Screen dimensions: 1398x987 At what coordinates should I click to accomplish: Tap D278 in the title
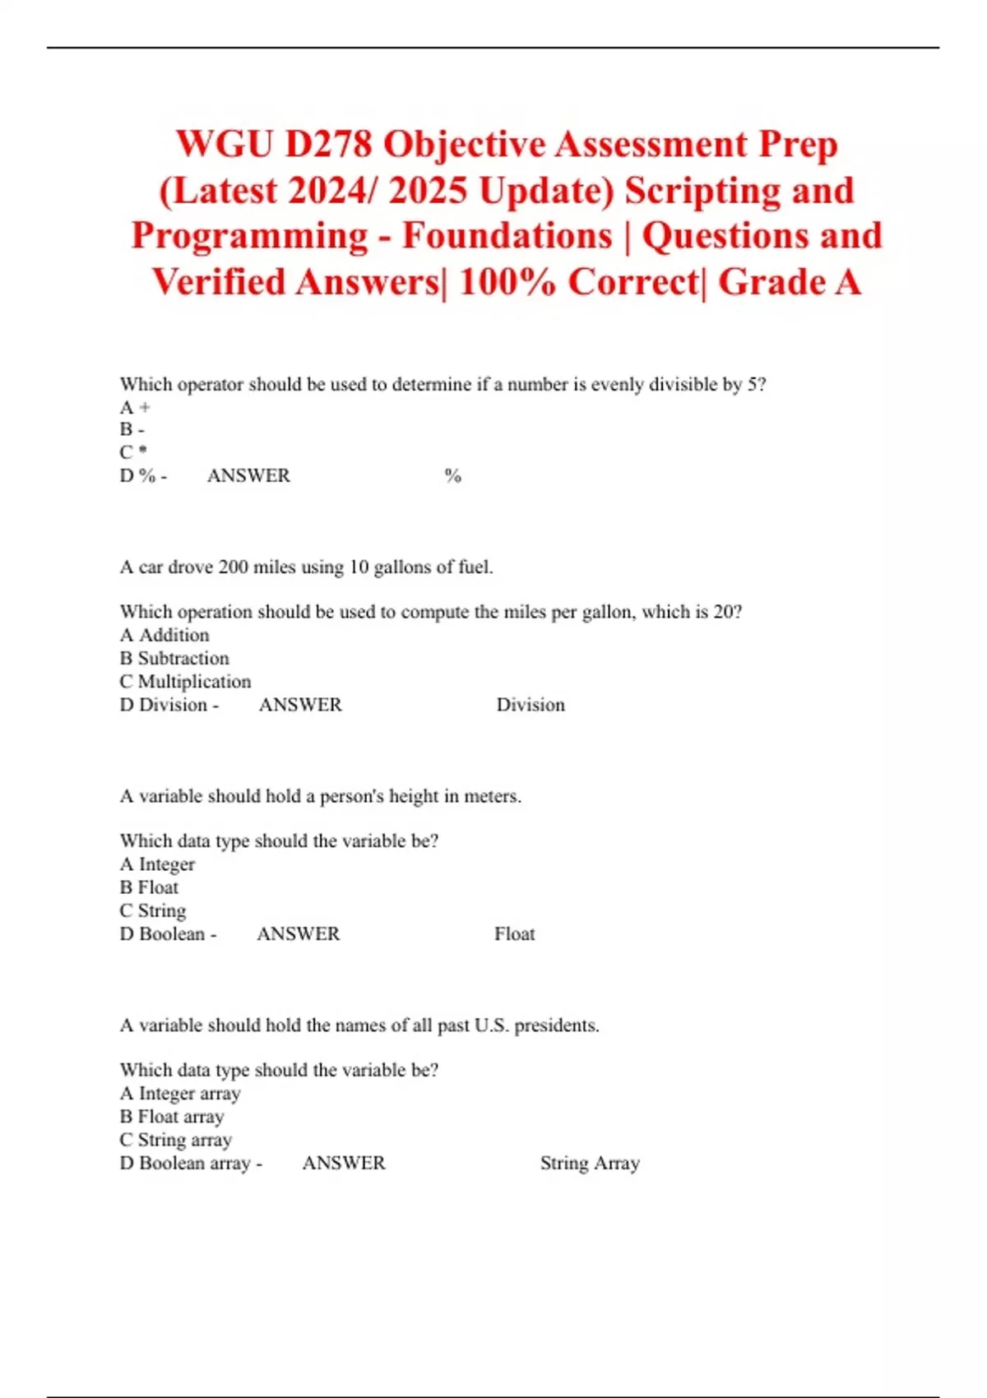(x=328, y=145)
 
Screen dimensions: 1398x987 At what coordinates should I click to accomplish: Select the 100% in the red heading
(x=507, y=282)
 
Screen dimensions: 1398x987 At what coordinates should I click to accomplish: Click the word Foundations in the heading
(x=507, y=236)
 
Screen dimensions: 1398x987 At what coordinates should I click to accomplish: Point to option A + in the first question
(x=135, y=407)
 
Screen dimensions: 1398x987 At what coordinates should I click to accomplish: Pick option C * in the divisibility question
(x=133, y=452)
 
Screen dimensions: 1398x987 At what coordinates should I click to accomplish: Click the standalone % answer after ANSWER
(x=452, y=475)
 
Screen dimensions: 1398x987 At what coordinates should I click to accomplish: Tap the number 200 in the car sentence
(x=233, y=567)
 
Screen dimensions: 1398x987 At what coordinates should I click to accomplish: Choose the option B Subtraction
(x=174, y=658)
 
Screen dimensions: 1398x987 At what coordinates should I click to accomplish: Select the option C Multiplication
(x=185, y=681)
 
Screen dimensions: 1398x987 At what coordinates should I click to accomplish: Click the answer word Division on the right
(x=531, y=705)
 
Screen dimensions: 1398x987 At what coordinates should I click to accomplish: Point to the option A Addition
(x=164, y=635)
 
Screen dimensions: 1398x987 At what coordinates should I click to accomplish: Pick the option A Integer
(x=157, y=864)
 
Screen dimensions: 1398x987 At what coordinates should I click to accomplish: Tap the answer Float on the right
(x=514, y=933)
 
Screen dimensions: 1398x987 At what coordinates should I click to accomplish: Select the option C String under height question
(x=153, y=910)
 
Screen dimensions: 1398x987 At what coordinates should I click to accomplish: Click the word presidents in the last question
(x=556, y=1025)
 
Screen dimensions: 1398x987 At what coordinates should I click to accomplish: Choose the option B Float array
(x=172, y=1117)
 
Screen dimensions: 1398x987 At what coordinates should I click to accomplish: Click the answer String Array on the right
(x=590, y=1163)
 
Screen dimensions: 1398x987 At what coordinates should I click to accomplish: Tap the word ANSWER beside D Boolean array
(x=344, y=1163)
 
